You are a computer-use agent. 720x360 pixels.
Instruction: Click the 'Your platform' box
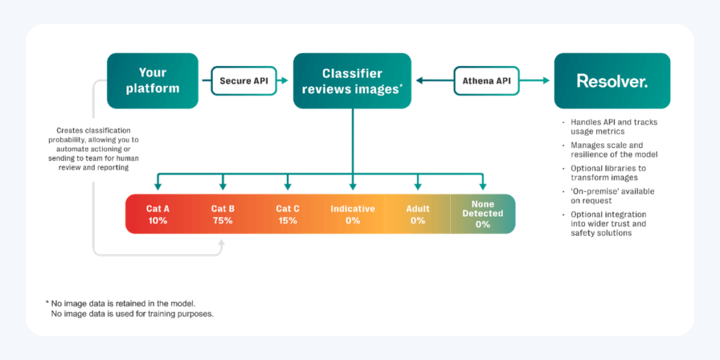(153, 81)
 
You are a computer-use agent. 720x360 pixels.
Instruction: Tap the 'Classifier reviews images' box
(352, 81)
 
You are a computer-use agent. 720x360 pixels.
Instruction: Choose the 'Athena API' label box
(487, 81)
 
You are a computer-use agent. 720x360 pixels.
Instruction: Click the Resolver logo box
(612, 81)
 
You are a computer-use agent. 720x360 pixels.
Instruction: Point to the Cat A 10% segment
(157, 214)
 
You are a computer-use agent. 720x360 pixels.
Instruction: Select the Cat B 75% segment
(223, 214)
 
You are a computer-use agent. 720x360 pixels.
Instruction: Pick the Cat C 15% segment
(288, 214)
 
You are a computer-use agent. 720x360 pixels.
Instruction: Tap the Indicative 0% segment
(353, 214)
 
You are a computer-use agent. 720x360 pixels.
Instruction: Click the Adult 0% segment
(418, 214)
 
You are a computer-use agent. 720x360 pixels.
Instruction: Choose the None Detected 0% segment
(482, 214)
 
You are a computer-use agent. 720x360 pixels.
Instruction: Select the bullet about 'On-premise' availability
(608, 195)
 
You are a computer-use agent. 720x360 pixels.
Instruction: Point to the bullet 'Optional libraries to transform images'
(608, 173)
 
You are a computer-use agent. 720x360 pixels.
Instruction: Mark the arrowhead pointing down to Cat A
(157, 186)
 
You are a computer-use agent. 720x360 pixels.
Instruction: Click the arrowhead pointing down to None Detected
(482, 186)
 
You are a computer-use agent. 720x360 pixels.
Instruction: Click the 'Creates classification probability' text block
(98, 149)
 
